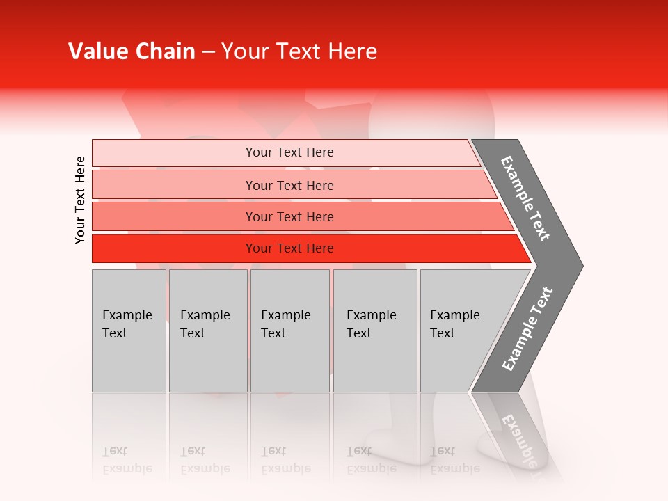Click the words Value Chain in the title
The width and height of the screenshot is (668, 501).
(x=132, y=51)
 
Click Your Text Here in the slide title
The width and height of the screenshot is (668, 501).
(x=299, y=51)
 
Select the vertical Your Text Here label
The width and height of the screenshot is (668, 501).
(x=80, y=200)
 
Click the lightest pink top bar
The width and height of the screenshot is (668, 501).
(x=174, y=153)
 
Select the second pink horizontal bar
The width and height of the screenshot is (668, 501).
(x=174, y=185)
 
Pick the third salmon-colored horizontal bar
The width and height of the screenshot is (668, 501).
(x=174, y=216)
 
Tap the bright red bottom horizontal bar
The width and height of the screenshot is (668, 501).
(x=174, y=248)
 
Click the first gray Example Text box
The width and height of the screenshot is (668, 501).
(x=129, y=331)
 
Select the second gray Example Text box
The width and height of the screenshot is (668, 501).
(x=208, y=331)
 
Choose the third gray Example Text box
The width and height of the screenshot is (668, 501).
(x=289, y=331)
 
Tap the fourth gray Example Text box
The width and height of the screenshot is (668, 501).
(x=375, y=331)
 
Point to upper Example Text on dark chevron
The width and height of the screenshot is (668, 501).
(x=525, y=198)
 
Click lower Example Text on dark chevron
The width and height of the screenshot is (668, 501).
(x=527, y=329)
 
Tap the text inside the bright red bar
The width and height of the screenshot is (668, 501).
(x=289, y=248)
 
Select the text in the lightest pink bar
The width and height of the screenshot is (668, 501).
(x=289, y=152)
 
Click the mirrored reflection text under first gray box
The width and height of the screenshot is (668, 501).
(x=127, y=460)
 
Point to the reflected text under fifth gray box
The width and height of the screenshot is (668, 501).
(x=455, y=460)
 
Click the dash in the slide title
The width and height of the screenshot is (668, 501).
(x=208, y=52)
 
